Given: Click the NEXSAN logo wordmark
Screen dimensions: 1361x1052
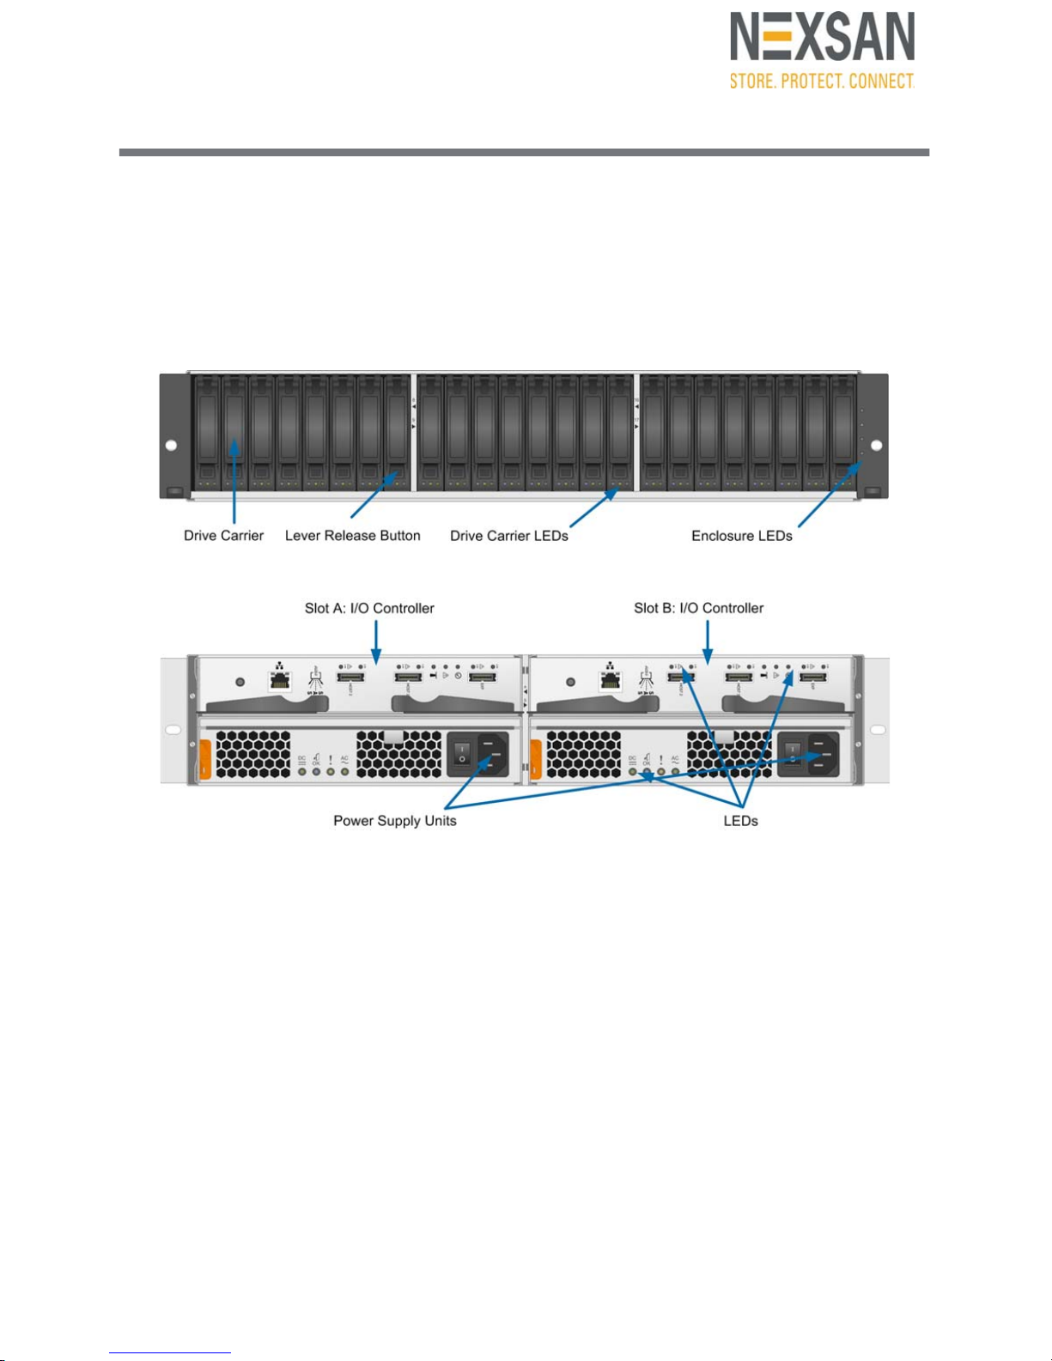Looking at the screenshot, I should (x=822, y=38).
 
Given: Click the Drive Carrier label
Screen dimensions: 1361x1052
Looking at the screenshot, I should (x=223, y=536).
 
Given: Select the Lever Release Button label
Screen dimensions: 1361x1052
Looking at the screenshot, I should (x=352, y=536).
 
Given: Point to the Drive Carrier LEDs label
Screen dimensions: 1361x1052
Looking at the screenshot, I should (x=509, y=536).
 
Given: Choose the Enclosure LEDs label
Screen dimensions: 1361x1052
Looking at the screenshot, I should (x=742, y=536).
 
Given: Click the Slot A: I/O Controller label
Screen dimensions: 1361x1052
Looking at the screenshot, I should (x=369, y=608).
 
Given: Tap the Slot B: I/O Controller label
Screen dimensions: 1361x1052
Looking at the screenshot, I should (x=698, y=608).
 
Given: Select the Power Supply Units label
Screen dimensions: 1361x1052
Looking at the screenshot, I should (x=395, y=821).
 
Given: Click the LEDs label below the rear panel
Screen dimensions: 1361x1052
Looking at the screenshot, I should (x=740, y=821).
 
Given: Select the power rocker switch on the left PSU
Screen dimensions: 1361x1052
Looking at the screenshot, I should (x=462, y=754).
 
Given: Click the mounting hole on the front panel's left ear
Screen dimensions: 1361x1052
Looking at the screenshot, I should (x=171, y=446).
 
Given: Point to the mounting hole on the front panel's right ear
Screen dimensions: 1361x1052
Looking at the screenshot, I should (x=876, y=446).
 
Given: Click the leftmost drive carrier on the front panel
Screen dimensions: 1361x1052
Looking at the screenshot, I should (x=207, y=434).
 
